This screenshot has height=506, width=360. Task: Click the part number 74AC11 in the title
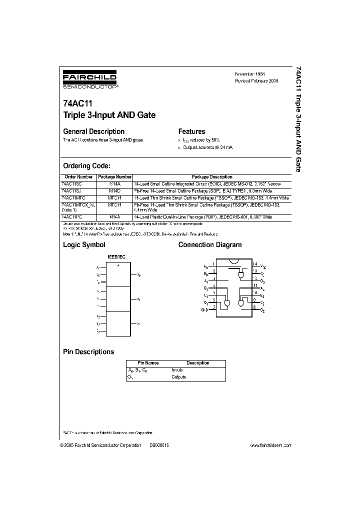77,104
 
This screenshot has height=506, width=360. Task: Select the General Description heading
93,131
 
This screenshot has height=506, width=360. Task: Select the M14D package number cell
115,190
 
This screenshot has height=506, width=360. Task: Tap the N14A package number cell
115,217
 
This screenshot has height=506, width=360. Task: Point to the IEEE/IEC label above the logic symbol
118,257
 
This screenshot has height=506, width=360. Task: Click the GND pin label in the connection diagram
204,310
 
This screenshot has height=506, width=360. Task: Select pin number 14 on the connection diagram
254,263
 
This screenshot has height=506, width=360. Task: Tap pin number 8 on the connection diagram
254,308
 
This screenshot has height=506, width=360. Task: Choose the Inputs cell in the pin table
177,370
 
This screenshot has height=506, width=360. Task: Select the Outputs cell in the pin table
178,377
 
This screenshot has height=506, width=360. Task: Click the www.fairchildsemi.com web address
270,445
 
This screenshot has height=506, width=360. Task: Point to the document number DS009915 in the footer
159,445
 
